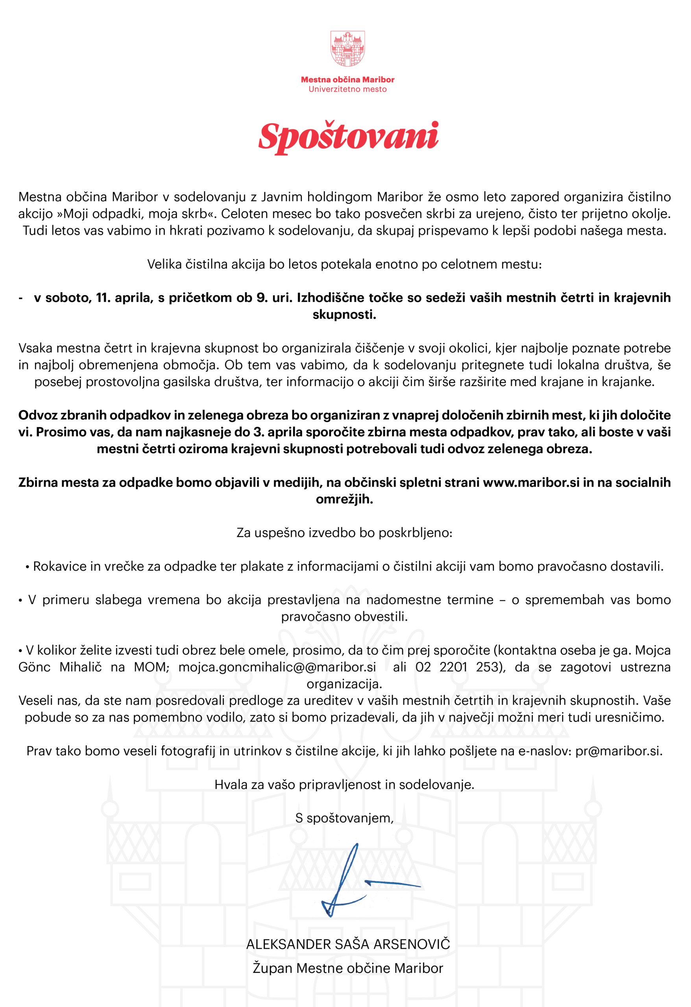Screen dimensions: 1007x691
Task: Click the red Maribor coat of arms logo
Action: click(x=348, y=48)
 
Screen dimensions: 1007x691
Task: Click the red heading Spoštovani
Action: click(x=348, y=137)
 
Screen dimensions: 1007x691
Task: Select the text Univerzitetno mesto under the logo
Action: click(x=348, y=89)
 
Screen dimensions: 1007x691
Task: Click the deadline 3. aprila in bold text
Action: click(x=282, y=432)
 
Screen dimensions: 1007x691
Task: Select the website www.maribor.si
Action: click(x=531, y=482)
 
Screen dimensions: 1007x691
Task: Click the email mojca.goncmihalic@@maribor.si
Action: click(x=277, y=667)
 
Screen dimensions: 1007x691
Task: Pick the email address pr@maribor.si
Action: click(x=619, y=751)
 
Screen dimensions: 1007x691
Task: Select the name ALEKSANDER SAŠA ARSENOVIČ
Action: click(x=348, y=944)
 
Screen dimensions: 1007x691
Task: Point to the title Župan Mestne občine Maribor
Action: click(x=348, y=968)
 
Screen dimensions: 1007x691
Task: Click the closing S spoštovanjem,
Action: click(x=345, y=818)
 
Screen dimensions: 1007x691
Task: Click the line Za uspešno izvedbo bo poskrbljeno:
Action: click(x=345, y=533)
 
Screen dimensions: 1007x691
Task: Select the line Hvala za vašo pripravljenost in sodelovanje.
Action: click(x=345, y=784)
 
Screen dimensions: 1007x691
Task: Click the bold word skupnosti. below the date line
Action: click(x=345, y=315)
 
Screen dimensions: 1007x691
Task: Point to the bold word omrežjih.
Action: click(x=345, y=499)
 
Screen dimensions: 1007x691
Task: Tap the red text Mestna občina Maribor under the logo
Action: click(x=348, y=80)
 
